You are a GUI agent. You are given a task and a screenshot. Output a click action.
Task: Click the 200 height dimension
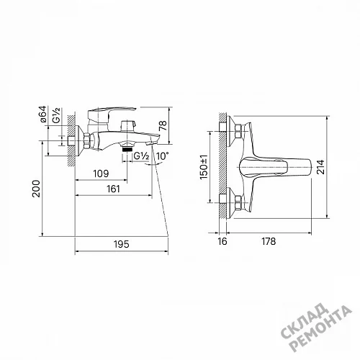coord(36,189)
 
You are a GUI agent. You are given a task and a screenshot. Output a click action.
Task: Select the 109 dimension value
coord(101,174)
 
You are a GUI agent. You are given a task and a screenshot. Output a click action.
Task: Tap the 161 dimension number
coord(113,189)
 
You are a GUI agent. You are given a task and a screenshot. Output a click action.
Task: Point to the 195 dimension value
coord(122,244)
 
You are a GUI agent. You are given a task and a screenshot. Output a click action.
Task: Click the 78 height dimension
coord(163,125)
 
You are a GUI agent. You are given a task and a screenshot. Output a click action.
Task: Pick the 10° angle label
coord(162,156)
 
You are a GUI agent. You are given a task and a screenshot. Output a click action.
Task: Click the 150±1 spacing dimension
coord(204,166)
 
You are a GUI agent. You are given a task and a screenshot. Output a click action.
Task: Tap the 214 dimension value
coord(320,167)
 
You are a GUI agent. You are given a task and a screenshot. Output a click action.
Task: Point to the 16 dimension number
coord(222,241)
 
